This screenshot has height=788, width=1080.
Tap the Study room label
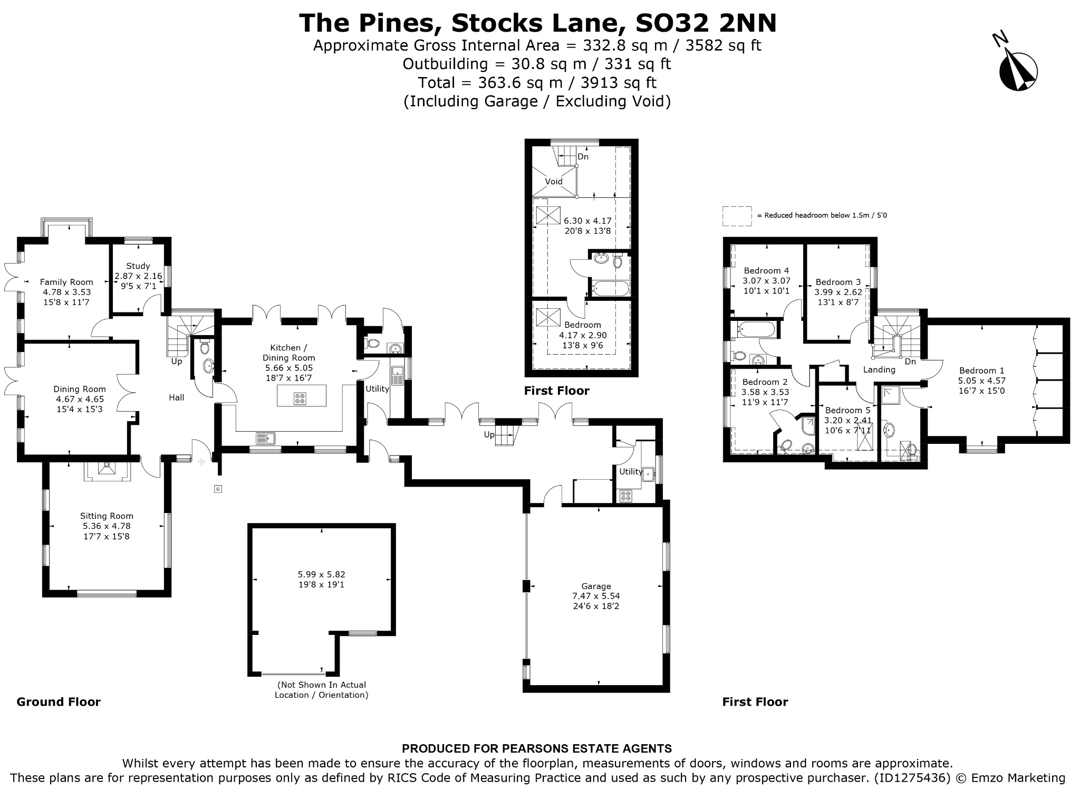[138, 266]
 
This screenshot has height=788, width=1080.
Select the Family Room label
[66, 282]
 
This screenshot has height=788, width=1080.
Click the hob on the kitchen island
[300, 398]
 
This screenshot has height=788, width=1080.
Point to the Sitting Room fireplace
[108, 471]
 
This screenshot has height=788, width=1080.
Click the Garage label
[596, 586]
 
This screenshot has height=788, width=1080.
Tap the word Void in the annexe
[554, 182]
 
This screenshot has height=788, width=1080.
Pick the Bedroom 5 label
[847, 410]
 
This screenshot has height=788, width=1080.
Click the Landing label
[879, 369]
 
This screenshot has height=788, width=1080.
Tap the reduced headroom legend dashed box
[737, 216]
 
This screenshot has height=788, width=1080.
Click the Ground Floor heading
[59, 701]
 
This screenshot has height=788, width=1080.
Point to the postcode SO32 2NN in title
[706, 23]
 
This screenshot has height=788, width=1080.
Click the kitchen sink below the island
[266, 438]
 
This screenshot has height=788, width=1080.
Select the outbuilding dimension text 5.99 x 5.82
[322, 574]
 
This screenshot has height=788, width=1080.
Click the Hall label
[177, 397]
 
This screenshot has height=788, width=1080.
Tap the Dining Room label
[80, 390]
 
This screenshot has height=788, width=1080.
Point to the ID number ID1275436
[911, 777]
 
